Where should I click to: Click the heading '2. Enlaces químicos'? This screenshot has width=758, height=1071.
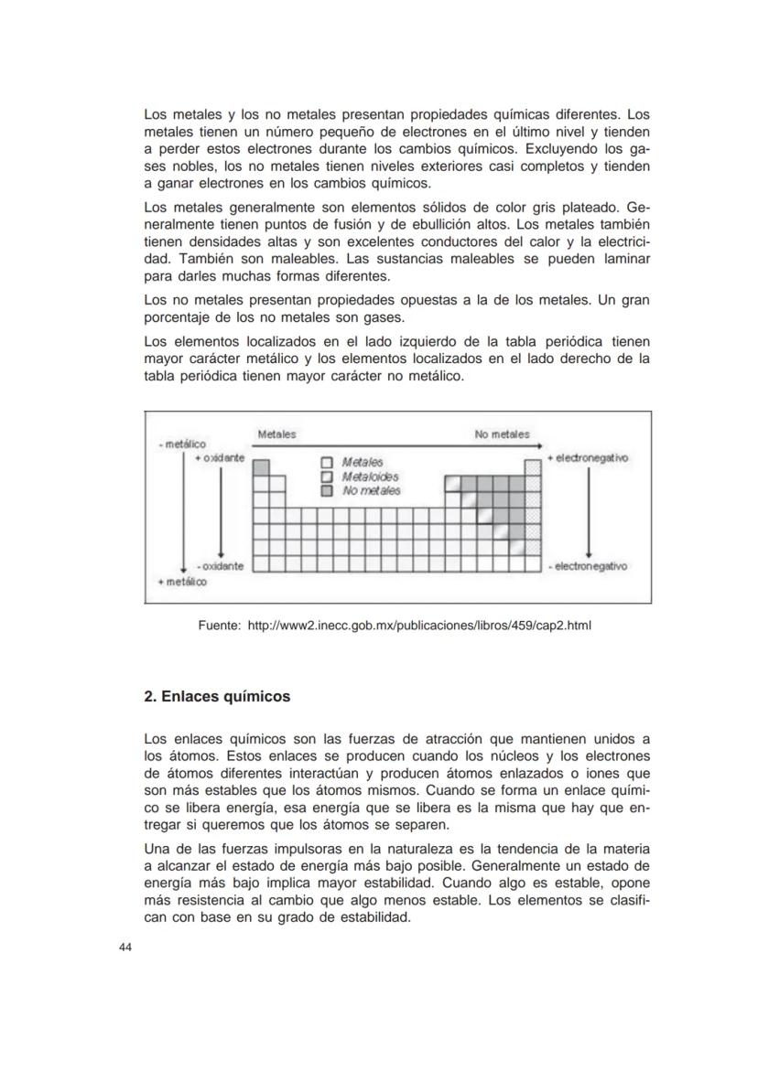pyautogui.click(x=217, y=697)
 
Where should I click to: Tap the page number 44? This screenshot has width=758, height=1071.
pyautogui.click(x=125, y=948)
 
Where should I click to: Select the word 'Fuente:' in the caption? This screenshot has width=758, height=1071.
pyautogui.click(x=220, y=627)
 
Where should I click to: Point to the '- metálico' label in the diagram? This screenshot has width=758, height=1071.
pyautogui.click(x=181, y=444)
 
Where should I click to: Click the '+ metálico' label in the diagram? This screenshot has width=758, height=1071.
pyautogui.click(x=182, y=582)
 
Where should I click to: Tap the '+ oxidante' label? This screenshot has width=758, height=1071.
pyautogui.click(x=219, y=457)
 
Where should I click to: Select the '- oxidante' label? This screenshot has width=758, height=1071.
pyautogui.click(x=219, y=566)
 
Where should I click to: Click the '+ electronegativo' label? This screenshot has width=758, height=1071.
pyautogui.click(x=588, y=457)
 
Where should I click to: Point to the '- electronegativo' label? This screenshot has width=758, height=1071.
pyautogui.click(x=588, y=566)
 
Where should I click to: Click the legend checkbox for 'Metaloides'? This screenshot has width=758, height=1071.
pyautogui.click(x=327, y=477)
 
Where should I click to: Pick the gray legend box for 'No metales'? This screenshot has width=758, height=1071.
pyautogui.click(x=327, y=490)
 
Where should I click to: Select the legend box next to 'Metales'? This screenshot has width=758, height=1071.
pyautogui.click(x=327, y=463)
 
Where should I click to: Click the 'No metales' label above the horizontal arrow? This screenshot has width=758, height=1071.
pyautogui.click(x=502, y=434)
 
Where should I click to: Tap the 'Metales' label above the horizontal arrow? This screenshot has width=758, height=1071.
pyautogui.click(x=276, y=434)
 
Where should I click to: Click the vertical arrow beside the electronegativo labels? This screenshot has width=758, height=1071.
pyautogui.click(x=588, y=512)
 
